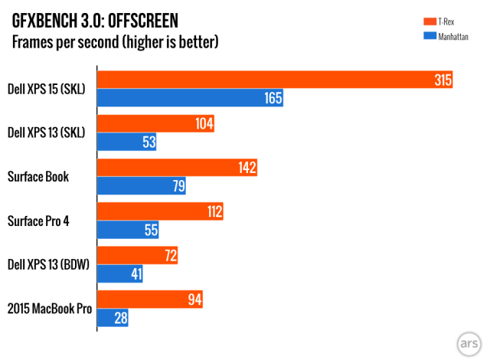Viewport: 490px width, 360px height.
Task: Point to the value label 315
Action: (x=442, y=80)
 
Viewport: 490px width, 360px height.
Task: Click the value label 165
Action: (x=273, y=98)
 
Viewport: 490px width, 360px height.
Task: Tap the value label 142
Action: (x=247, y=168)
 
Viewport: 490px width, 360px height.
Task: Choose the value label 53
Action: (x=149, y=142)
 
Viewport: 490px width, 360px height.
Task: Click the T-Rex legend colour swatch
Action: (x=430, y=20)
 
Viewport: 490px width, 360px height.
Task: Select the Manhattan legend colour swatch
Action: (x=430, y=35)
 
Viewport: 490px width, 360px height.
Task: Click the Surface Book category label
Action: (x=38, y=177)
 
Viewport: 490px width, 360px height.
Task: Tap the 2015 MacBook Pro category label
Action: (x=49, y=309)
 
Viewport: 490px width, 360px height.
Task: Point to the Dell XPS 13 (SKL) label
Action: (x=45, y=133)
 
